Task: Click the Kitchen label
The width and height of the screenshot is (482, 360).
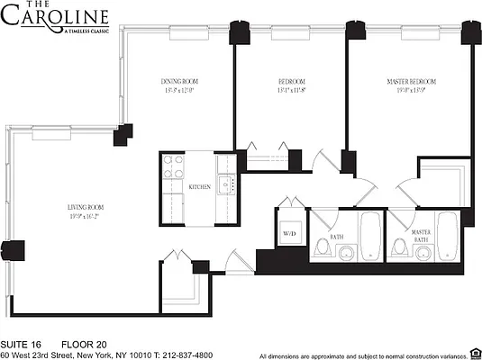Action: click(x=200, y=187)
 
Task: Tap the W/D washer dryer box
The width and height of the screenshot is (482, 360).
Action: click(x=290, y=233)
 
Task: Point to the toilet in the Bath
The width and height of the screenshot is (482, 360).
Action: click(x=324, y=248)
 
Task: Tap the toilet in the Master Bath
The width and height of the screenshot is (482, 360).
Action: click(x=401, y=249)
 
